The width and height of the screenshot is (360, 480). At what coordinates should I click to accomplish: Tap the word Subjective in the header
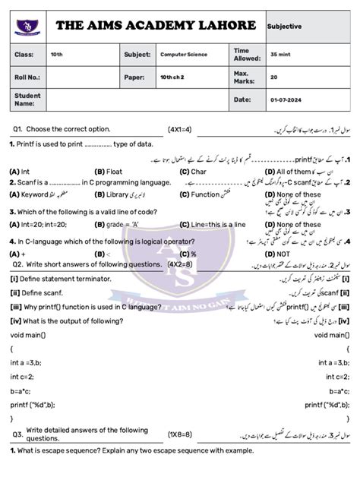(285, 26)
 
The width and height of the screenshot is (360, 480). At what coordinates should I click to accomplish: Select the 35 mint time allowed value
(280, 55)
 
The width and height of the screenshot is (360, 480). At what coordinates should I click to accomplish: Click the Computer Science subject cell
(184, 55)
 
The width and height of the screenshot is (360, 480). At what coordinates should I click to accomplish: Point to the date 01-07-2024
(286, 99)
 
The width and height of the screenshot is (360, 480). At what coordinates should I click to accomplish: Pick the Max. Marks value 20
(274, 77)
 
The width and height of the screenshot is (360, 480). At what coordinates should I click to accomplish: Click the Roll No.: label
(27, 77)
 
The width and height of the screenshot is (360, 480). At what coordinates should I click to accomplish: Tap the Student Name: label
(27, 99)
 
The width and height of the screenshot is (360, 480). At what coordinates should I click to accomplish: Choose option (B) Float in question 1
(109, 172)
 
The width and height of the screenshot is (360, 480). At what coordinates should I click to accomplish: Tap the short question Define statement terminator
(61, 279)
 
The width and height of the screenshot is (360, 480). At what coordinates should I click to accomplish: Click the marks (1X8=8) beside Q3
(180, 434)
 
